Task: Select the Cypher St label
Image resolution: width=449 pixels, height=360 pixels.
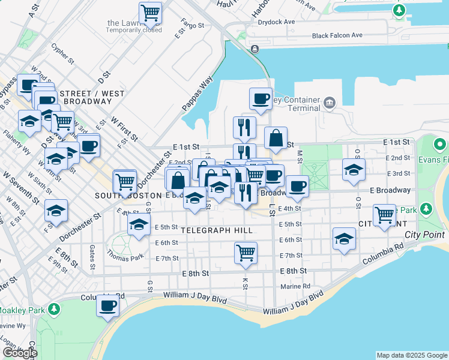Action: click(x=62, y=53)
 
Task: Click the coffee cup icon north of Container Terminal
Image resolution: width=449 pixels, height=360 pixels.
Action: click(x=261, y=98)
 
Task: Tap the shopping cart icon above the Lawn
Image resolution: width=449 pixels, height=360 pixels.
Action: click(x=150, y=12)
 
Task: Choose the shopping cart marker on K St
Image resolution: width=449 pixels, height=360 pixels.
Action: click(x=246, y=253)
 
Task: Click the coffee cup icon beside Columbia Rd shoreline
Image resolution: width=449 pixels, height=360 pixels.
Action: click(x=108, y=305)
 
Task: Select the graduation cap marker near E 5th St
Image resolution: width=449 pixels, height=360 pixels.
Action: click(x=139, y=226)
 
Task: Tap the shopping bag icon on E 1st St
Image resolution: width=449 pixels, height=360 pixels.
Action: click(x=276, y=138)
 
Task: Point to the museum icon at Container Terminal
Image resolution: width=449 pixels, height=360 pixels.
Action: click(x=329, y=103)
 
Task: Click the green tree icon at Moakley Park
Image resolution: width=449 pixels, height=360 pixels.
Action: click(x=55, y=309)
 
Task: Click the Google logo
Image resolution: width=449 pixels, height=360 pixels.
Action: click(x=20, y=353)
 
